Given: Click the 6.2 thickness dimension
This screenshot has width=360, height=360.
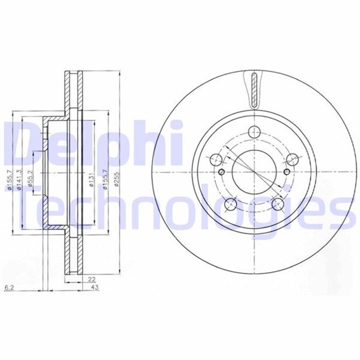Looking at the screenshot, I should point(8,287).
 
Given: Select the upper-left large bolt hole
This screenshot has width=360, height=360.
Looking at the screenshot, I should point(217,159).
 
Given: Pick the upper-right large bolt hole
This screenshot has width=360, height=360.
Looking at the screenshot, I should point(291,159).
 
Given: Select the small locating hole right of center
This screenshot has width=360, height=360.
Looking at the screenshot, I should point(287,172).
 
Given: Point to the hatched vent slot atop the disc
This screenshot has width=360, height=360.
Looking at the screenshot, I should point(254,90).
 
